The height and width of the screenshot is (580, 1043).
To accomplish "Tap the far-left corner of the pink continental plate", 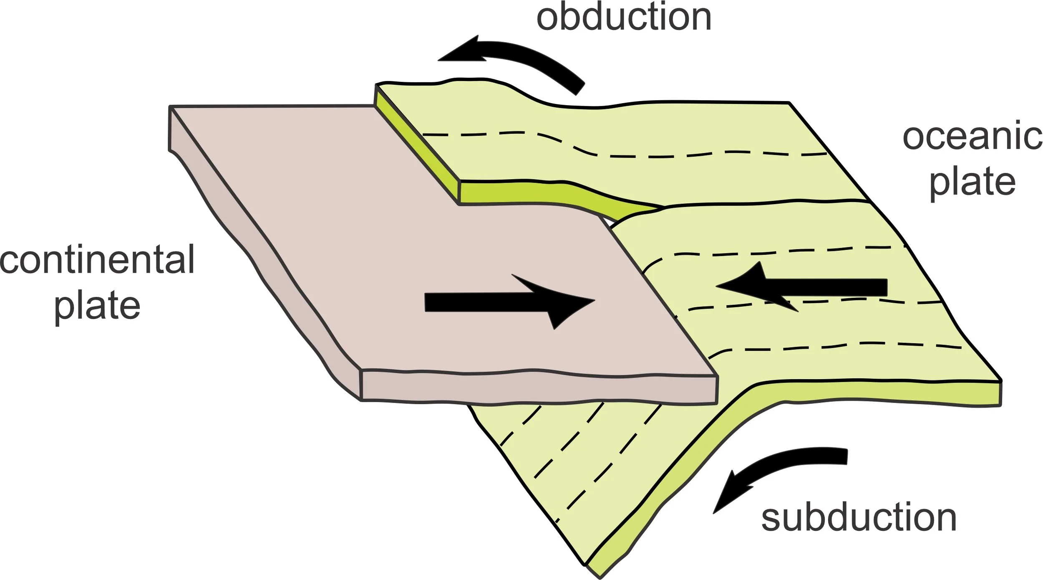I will pos(171,107).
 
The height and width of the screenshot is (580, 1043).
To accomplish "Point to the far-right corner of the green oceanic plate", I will pos(1000,381).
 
